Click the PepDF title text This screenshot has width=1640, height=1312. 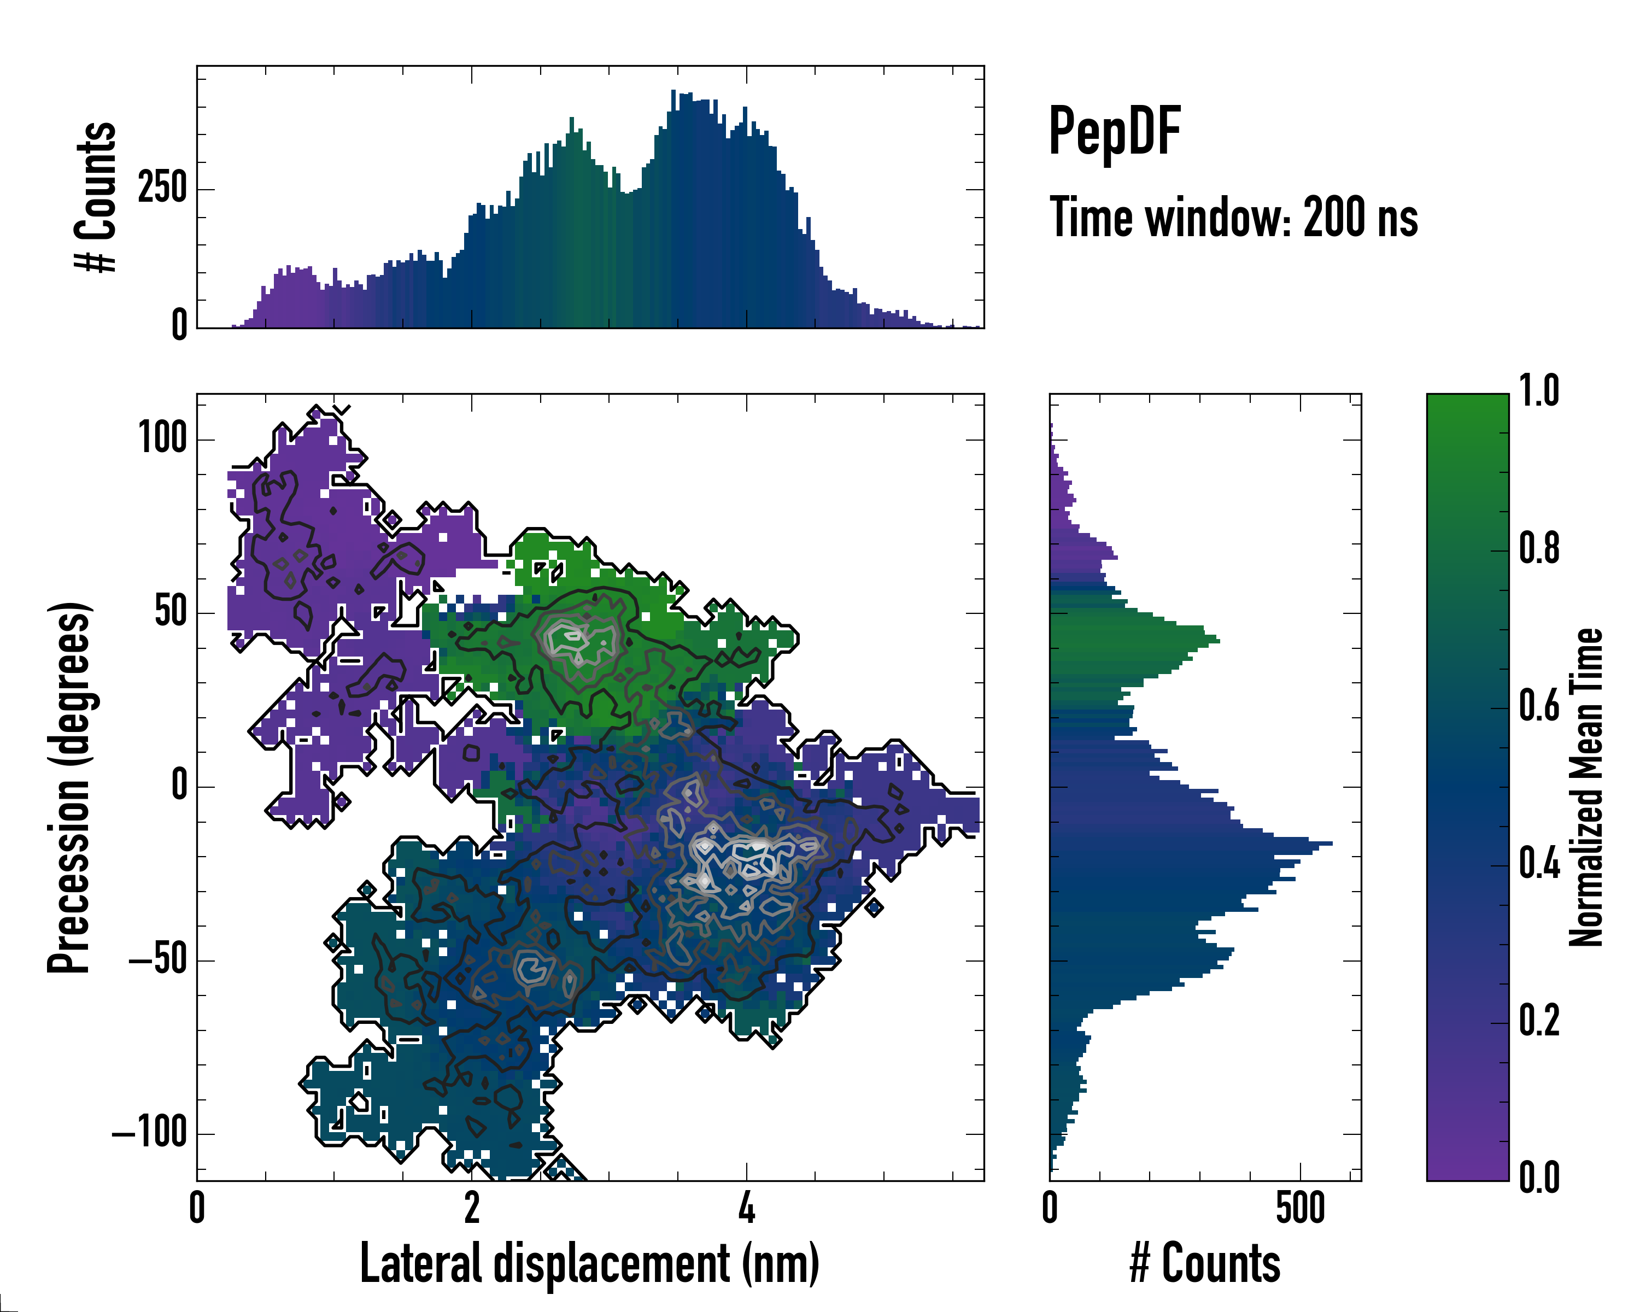1114,132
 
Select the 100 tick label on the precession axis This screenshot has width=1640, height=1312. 162,439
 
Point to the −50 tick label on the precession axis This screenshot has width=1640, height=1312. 157,960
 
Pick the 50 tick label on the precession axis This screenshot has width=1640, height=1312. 171,612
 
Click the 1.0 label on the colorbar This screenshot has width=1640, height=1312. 1539,391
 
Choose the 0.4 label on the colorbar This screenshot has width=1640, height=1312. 1539,864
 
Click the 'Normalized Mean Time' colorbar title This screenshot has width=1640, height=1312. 1586,787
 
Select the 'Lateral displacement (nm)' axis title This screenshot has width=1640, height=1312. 589,1264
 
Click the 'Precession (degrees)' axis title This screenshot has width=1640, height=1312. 70,787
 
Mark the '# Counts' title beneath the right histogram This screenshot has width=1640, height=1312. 1205,1264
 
